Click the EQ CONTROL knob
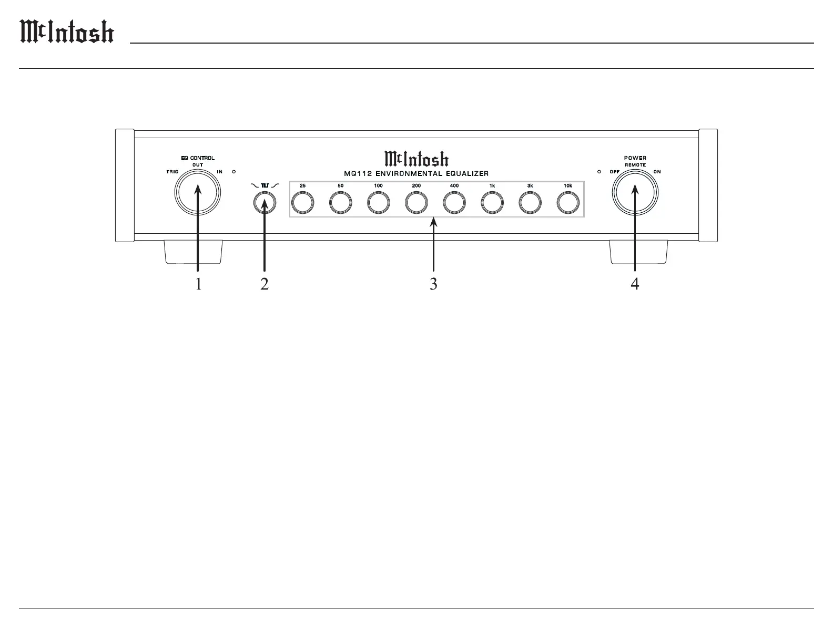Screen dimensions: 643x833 199,193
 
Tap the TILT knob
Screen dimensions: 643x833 265,203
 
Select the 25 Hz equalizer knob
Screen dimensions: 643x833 303,203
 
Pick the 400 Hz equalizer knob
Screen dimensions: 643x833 454,203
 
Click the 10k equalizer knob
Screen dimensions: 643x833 568,203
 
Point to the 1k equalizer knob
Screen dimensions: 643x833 492,203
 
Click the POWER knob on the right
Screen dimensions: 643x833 635,193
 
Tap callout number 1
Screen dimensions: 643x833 198,284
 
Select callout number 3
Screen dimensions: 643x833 433,284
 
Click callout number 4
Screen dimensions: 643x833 635,284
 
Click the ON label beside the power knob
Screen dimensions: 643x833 657,172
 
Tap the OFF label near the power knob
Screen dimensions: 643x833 614,172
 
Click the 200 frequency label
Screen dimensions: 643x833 416,186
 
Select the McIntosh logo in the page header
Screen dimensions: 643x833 67,33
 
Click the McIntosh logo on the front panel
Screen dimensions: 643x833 416,159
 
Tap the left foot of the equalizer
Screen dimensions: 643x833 192,252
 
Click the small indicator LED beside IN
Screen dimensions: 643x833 234,172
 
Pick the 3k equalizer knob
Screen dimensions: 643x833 530,203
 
